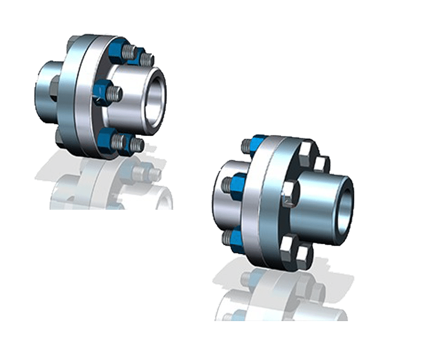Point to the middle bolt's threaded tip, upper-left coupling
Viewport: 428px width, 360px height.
[116, 94]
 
